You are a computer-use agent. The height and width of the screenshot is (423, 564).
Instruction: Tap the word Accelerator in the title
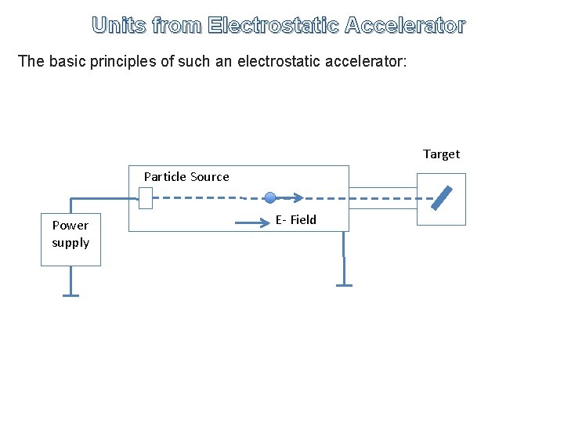[x=405, y=26]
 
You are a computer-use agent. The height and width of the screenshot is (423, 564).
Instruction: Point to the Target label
[x=441, y=154]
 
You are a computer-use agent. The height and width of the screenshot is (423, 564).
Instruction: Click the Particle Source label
[x=186, y=177]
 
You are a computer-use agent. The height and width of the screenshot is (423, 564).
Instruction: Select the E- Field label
[x=295, y=220]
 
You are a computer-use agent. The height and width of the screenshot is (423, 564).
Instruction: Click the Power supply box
[x=70, y=234]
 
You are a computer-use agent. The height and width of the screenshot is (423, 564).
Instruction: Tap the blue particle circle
[x=270, y=198]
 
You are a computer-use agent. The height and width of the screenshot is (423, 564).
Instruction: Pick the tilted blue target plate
[x=442, y=198]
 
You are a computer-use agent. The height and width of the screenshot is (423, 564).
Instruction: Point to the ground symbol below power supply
[x=70, y=295]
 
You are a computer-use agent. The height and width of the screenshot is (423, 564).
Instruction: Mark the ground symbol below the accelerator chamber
[x=343, y=284]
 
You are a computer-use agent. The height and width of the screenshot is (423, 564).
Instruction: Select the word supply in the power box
[x=70, y=243]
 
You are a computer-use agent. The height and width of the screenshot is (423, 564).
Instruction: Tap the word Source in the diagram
[x=209, y=177]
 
